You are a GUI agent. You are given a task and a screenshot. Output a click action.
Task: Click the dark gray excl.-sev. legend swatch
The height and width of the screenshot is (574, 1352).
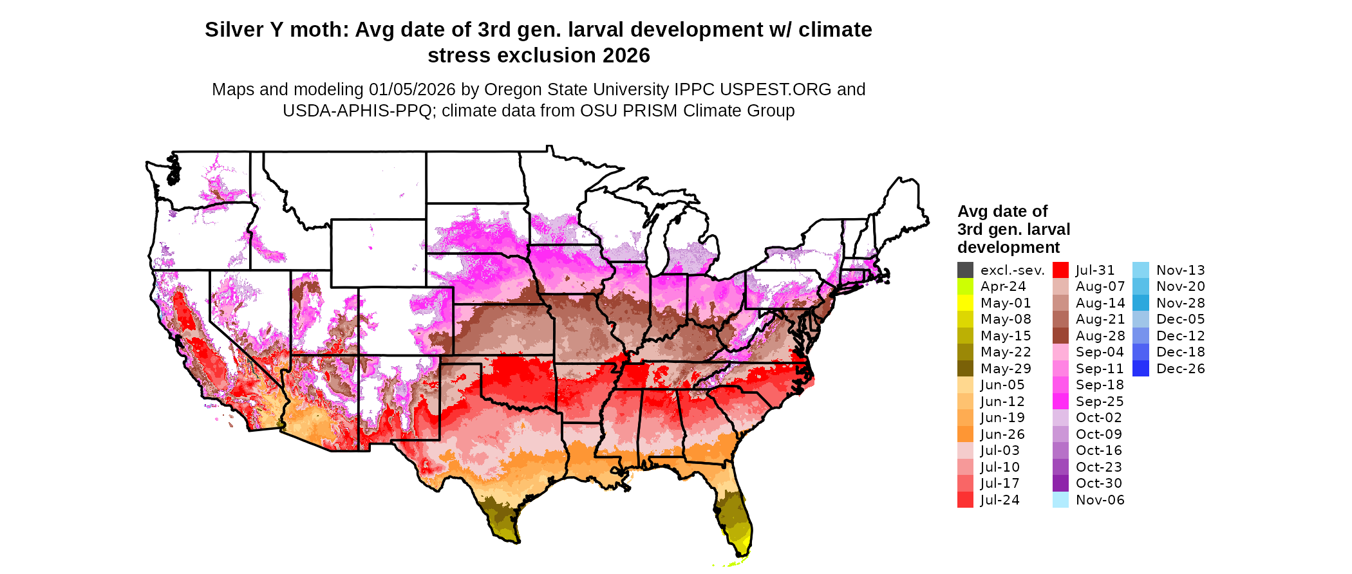[x=965, y=270]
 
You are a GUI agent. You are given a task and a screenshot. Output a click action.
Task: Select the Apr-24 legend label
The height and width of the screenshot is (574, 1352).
[x=1002, y=286]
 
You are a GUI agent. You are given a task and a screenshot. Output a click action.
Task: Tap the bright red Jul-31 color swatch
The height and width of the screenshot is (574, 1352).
[x=1060, y=270]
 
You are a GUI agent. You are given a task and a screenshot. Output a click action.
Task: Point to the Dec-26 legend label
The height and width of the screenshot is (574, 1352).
[x=1180, y=369]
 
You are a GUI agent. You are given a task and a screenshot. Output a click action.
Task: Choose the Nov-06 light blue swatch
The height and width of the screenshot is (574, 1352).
[x=1060, y=500]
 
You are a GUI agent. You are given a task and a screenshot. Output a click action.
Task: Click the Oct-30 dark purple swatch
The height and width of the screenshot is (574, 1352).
[x=1060, y=483]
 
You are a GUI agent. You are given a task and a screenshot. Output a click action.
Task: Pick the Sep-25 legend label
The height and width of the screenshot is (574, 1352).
[x=1099, y=402]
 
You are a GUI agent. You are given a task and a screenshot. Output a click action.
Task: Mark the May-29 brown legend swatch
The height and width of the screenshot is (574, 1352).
[x=965, y=369]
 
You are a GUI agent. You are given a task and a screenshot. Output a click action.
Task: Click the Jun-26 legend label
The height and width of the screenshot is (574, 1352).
[x=1002, y=434]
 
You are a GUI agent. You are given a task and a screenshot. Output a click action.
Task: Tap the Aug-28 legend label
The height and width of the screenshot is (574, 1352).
[x=1100, y=336]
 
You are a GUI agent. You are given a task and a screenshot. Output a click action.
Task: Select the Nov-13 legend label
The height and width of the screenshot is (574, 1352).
[x=1180, y=270]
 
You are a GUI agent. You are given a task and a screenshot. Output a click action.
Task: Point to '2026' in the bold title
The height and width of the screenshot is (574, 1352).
[x=626, y=56]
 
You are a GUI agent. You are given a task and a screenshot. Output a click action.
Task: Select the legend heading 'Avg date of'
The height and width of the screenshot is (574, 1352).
[x=1002, y=212]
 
